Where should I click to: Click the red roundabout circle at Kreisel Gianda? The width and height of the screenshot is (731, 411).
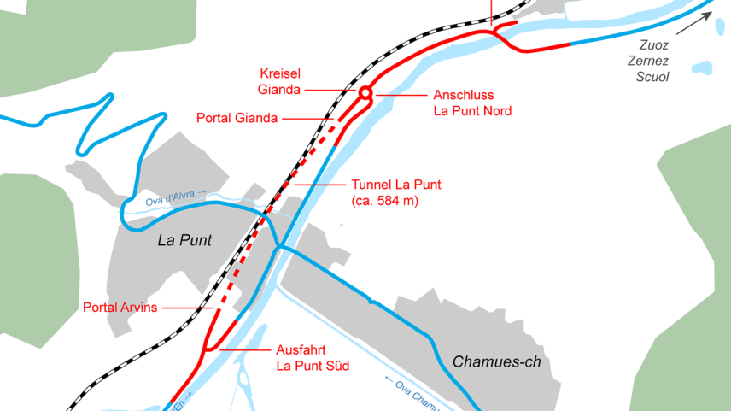(x=365, y=92)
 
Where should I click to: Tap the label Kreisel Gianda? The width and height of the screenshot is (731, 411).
(x=278, y=81)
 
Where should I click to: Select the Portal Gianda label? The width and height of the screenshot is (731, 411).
(x=237, y=118)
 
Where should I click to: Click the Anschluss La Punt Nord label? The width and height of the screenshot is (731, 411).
(x=476, y=103)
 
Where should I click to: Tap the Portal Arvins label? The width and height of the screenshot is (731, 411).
(x=120, y=308)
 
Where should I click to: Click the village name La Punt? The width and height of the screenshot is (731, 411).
(x=184, y=241)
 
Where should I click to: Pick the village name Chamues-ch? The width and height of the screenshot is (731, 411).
(x=496, y=361)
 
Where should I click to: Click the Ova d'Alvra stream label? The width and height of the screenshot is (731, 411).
(x=175, y=198)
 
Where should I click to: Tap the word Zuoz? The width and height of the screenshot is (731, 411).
(x=654, y=44)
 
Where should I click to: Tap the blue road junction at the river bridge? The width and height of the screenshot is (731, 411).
(x=279, y=247)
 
